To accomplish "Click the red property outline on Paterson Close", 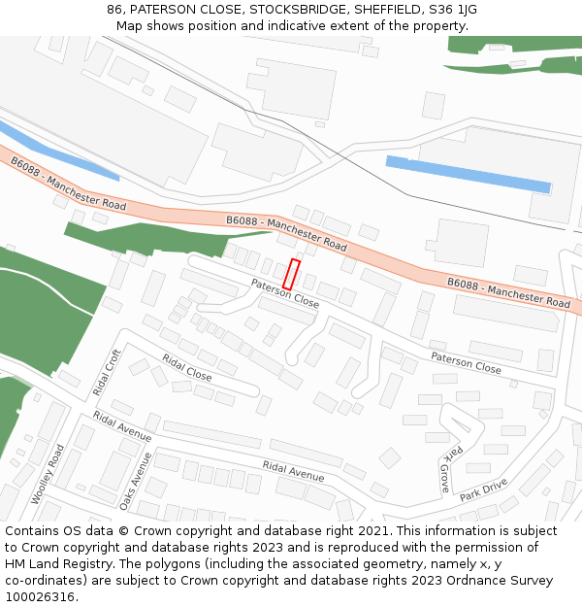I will click(x=291, y=274).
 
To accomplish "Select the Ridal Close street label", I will click(x=187, y=367).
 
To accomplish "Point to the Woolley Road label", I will click(x=46, y=475).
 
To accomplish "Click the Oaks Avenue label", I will click(x=129, y=480).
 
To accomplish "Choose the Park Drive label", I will click(x=484, y=489).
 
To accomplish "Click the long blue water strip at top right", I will click(x=468, y=174).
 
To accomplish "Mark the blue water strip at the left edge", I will click(x=58, y=152).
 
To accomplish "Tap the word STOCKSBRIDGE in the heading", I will click(x=281, y=10).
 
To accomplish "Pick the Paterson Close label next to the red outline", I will click(x=285, y=293).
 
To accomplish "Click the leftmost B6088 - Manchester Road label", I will click(x=69, y=185).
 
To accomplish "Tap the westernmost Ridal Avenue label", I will click(x=122, y=426).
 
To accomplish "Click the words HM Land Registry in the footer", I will click(x=50, y=564).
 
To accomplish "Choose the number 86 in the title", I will click(x=114, y=10).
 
